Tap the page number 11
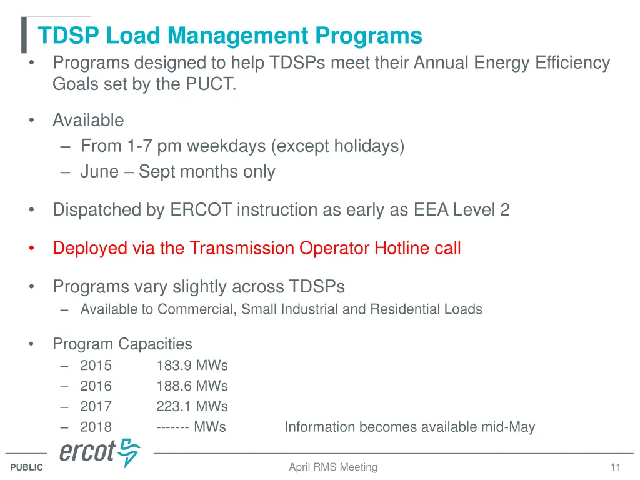click(x=616, y=467)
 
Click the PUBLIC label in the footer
click(x=27, y=467)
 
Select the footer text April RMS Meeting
click(x=333, y=467)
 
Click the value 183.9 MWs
click(x=192, y=366)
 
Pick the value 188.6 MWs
click(x=192, y=386)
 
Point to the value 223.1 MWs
click(x=192, y=407)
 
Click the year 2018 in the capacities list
click(x=96, y=427)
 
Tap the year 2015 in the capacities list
click(x=96, y=366)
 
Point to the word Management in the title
click(x=238, y=36)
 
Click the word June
click(x=99, y=172)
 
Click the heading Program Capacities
click(x=122, y=344)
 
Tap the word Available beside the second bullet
click(x=88, y=120)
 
